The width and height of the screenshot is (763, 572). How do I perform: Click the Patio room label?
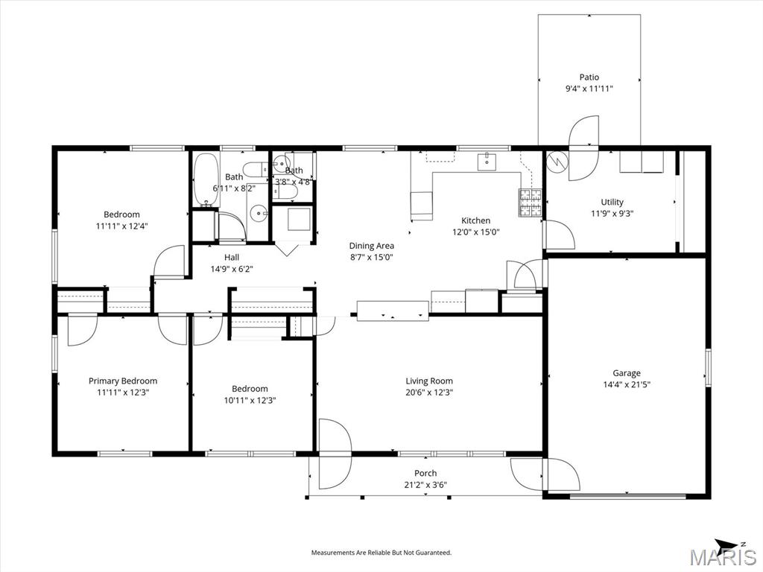point(589,77)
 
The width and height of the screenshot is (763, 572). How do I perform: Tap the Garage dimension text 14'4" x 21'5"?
point(626,384)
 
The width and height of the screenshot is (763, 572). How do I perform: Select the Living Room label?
point(429,381)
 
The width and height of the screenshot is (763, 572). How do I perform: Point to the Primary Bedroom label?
point(123,381)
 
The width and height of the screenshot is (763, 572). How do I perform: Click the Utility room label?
point(612,202)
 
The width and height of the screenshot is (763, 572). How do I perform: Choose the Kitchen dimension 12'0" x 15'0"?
point(476,232)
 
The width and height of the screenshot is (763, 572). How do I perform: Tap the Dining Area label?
point(371,246)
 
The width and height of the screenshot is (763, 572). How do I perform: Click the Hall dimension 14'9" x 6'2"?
point(232,268)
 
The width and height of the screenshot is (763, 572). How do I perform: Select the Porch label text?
point(425,473)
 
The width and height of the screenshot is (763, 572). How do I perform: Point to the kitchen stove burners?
point(531,203)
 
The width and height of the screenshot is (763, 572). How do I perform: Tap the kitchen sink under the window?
point(487,162)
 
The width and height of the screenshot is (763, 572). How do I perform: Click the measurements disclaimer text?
point(381,553)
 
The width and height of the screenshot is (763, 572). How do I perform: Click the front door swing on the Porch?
point(335,454)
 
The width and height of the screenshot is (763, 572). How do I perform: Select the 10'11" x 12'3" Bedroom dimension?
point(250,400)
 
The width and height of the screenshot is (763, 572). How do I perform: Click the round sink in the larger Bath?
point(258,212)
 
